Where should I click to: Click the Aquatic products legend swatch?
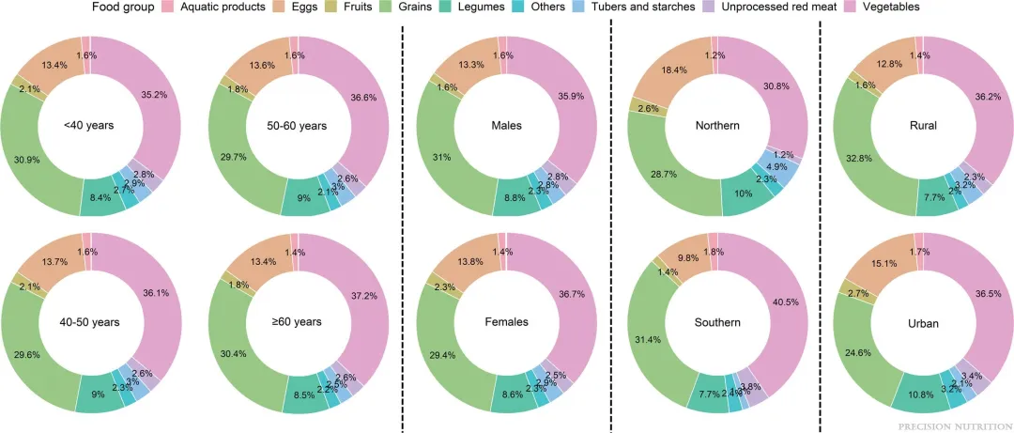pos(168,8)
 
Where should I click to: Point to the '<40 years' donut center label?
pos(90,125)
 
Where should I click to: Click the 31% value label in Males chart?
pos(440,154)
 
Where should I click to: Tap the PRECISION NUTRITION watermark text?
pos(953,425)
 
